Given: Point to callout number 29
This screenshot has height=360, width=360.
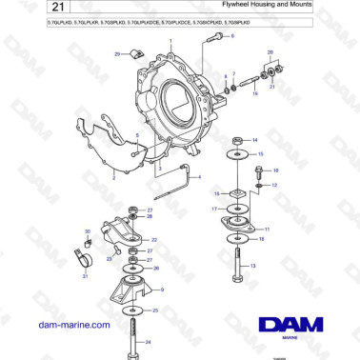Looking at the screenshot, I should pyautogui.click(x=117, y=55).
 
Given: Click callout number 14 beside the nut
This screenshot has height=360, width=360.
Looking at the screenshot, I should pyautogui.click(x=254, y=139).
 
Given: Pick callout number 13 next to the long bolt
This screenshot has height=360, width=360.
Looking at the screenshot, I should pyautogui.click(x=253, y=267).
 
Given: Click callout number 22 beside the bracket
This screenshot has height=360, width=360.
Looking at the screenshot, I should pyautogui.click(x=155, y=239).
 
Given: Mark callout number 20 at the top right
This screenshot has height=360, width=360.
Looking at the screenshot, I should pyautogui.click(x=270, y=54).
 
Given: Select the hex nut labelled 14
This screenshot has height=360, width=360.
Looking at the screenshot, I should pyautogui.click(x=233, y=141).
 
